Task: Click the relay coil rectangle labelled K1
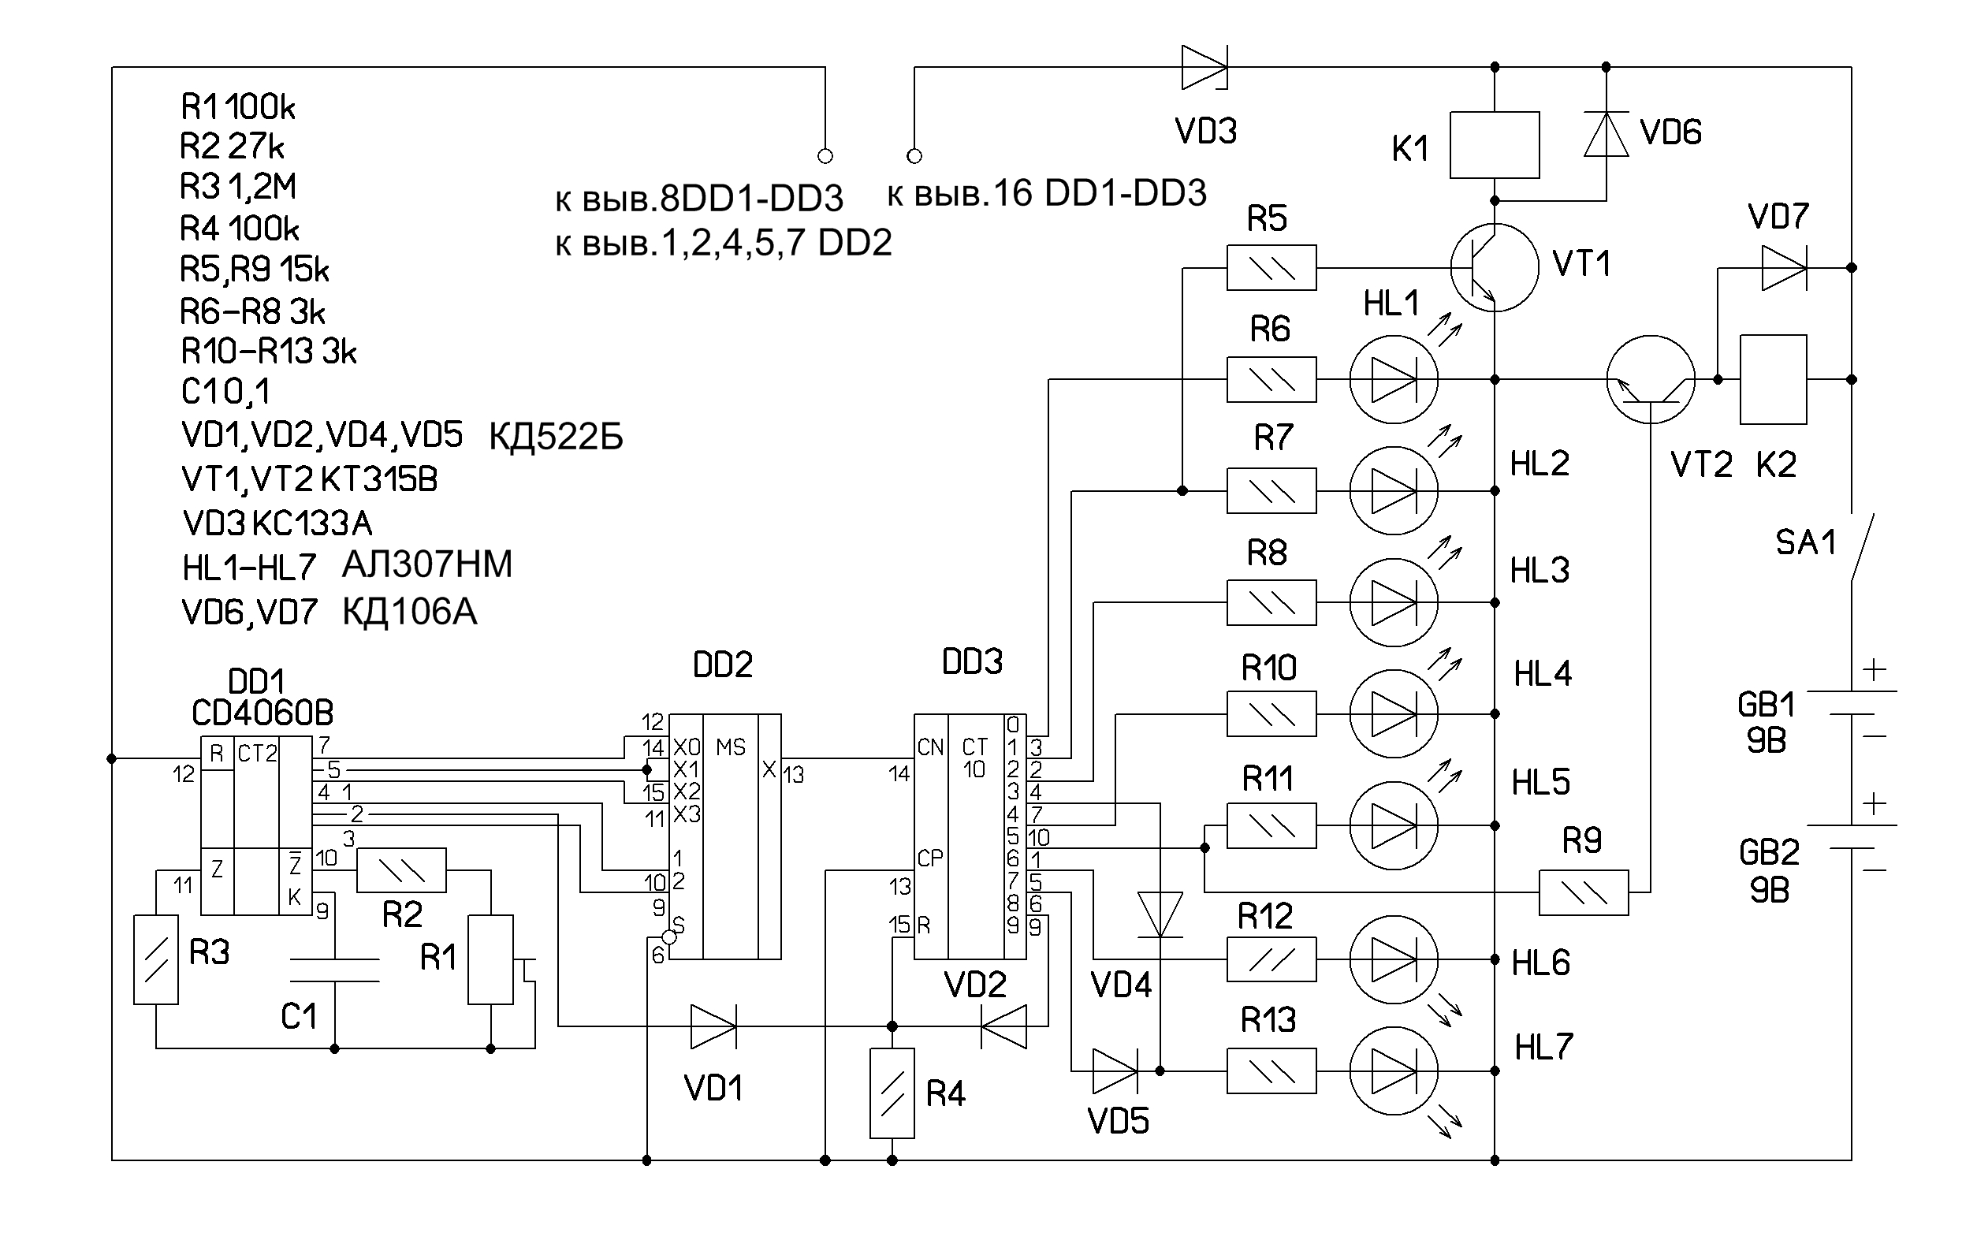(1494, 145)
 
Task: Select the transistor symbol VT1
(1494, 267)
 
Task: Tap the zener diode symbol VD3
(1204, 66)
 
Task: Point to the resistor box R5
(1271, 267)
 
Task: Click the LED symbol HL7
(1393, 1071)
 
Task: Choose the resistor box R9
(1583, 892)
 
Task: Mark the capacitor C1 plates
(334, 970)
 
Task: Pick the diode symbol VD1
(713, 1026)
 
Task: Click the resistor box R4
(892, 1093)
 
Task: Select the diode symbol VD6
(1606, 135)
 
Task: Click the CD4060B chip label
(262, 713)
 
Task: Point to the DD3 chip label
(972, 662)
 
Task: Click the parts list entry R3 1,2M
(238, 187)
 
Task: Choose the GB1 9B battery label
(1767, 723)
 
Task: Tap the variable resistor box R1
(490, 959)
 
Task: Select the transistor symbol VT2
(1650, 380)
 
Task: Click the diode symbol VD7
(1784, 267)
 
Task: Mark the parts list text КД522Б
(556, 438)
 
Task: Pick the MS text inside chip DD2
(730, 747)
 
